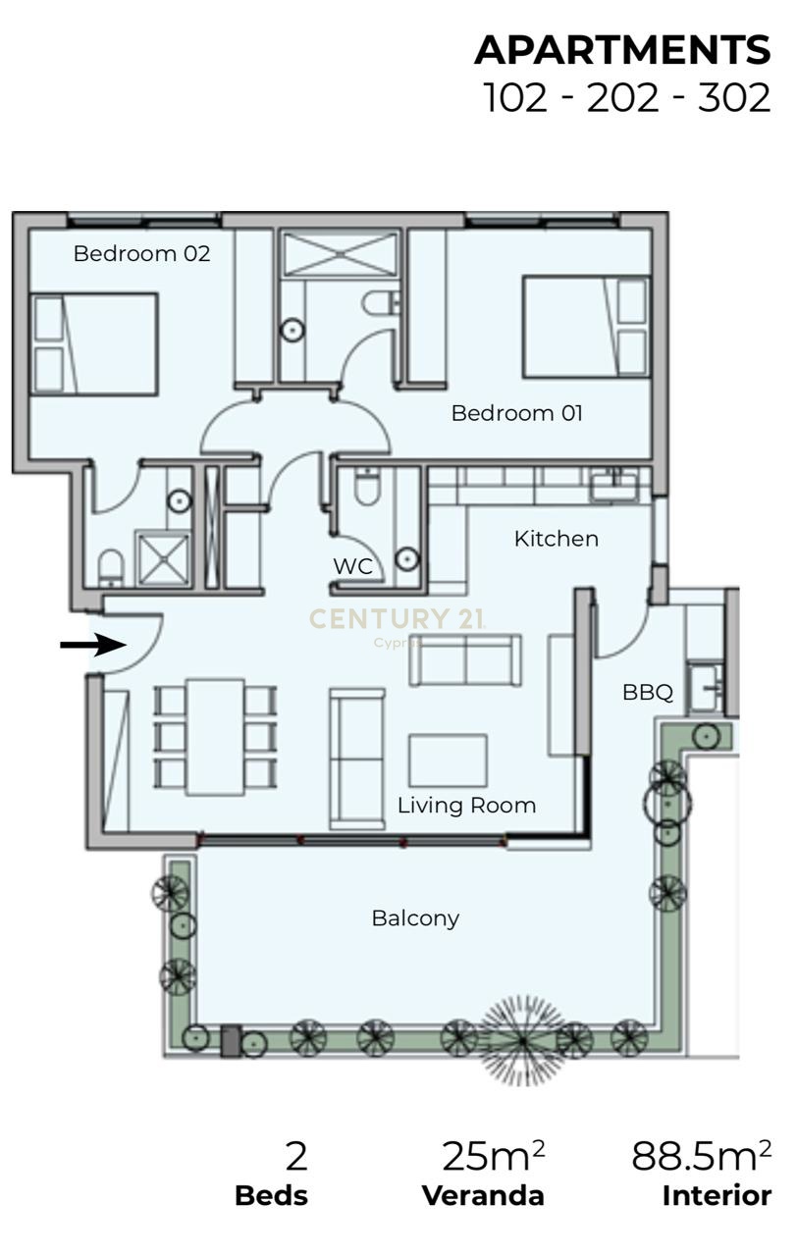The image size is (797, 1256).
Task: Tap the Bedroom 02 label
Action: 141,253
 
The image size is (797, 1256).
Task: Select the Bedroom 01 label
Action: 516,413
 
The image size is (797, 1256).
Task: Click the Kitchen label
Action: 556,539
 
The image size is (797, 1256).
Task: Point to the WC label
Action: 352,566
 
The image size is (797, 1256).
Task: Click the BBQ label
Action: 648,693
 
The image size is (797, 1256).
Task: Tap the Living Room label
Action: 466,806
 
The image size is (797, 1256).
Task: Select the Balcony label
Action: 415,918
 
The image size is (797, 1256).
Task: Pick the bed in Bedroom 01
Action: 586,327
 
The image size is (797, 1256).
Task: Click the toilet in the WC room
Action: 366,487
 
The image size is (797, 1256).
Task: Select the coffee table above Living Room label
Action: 448,760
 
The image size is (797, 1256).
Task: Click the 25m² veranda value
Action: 493,1157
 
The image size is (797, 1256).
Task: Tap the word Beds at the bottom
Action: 271,1196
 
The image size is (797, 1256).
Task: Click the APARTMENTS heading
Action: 622,51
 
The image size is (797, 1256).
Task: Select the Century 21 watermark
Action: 397,619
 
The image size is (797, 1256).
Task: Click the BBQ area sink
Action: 705,688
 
